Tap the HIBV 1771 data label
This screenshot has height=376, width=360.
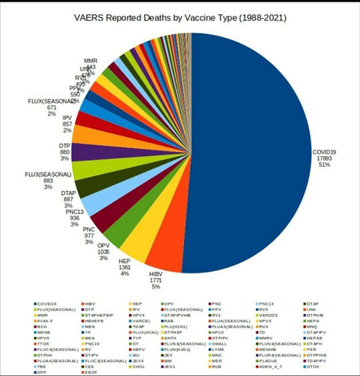161,280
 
